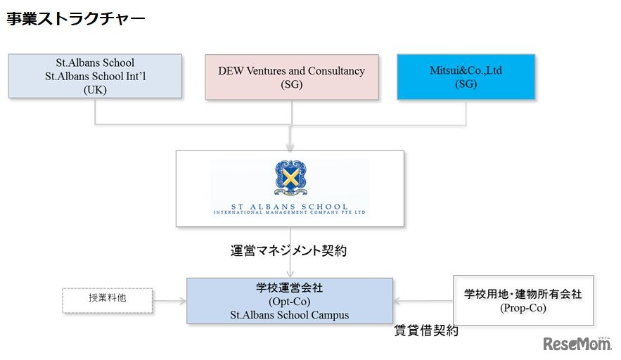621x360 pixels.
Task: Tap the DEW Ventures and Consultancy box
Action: [291, 77]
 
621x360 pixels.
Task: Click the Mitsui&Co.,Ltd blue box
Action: [466, 77]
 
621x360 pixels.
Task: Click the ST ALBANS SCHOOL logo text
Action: [290, 207]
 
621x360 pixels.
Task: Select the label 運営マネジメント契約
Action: [288, 250]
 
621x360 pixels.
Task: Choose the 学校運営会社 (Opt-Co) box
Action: [289, 300]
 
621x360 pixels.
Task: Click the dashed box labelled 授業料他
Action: [108, 300]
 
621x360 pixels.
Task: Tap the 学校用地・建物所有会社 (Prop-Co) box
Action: [523, 300]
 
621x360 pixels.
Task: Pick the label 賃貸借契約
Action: [426, 330]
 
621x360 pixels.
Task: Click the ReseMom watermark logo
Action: [577, 344]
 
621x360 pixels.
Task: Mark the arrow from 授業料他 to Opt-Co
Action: [169, 300]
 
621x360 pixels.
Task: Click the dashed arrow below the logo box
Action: [290, 264]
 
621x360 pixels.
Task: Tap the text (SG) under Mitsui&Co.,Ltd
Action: [466, 84]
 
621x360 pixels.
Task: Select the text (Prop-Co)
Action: [523, 308]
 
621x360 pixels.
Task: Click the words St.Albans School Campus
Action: [289, 314]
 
